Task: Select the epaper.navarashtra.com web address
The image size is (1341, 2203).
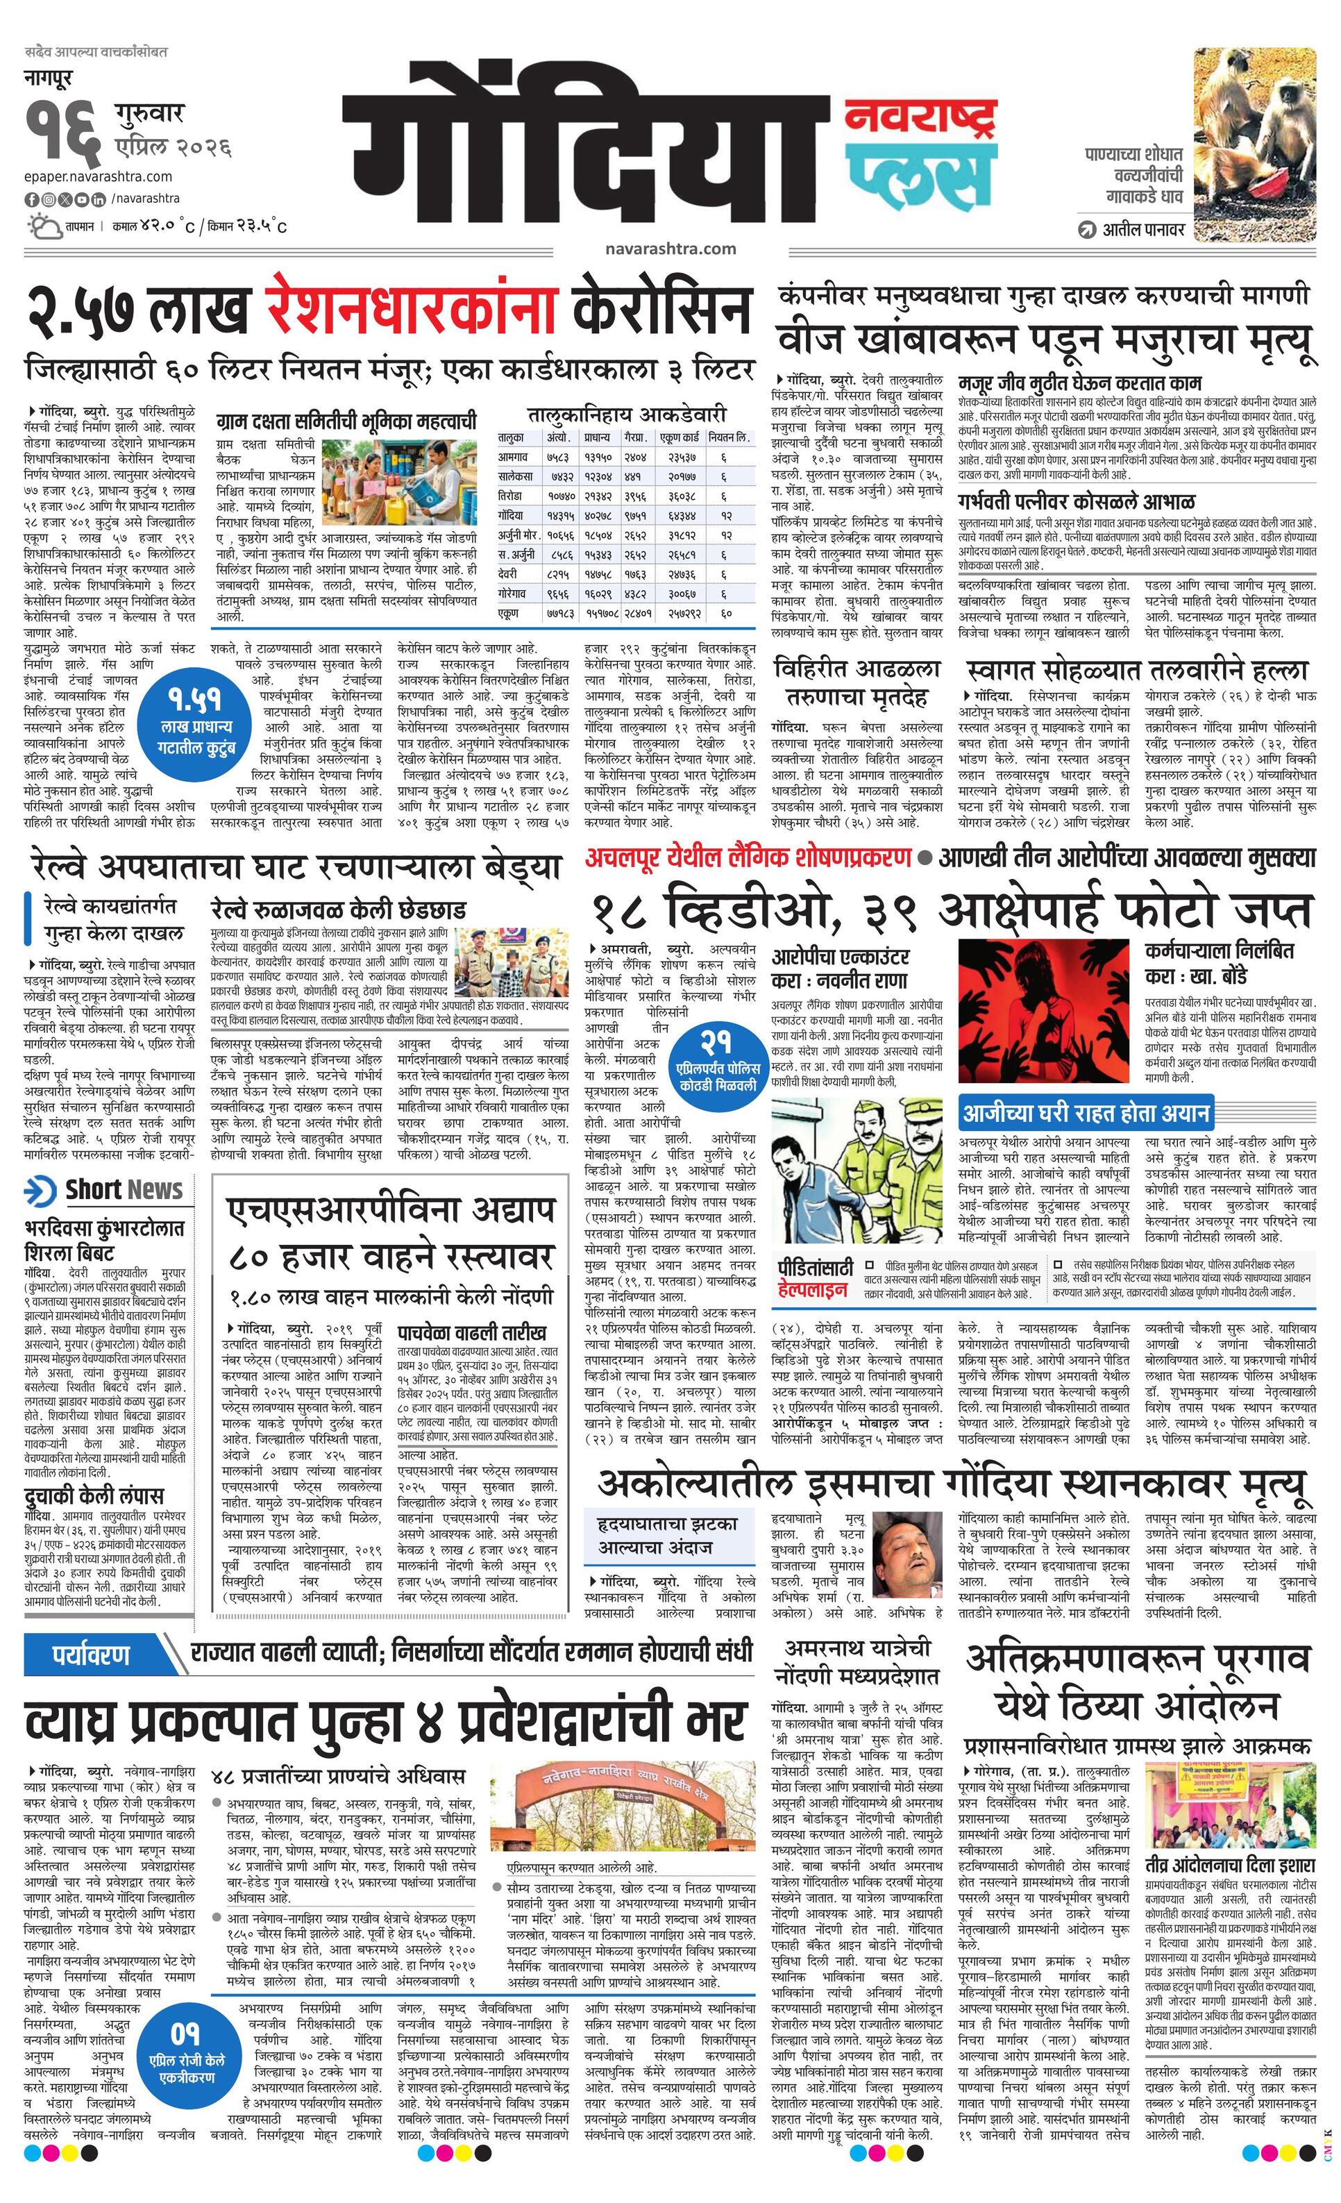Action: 99,176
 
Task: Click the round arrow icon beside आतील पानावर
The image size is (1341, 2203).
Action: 1087,230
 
